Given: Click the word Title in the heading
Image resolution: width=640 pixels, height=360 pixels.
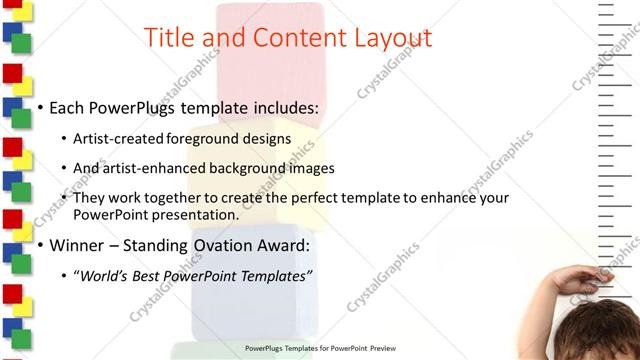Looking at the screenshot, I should (169, 38).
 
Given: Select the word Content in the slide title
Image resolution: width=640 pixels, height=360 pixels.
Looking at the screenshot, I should (289, 38).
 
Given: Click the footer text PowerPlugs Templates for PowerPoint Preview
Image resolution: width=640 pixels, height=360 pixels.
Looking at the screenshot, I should (321, 349).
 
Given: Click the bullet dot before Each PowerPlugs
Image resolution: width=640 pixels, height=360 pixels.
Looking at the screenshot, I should (40, 107).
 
